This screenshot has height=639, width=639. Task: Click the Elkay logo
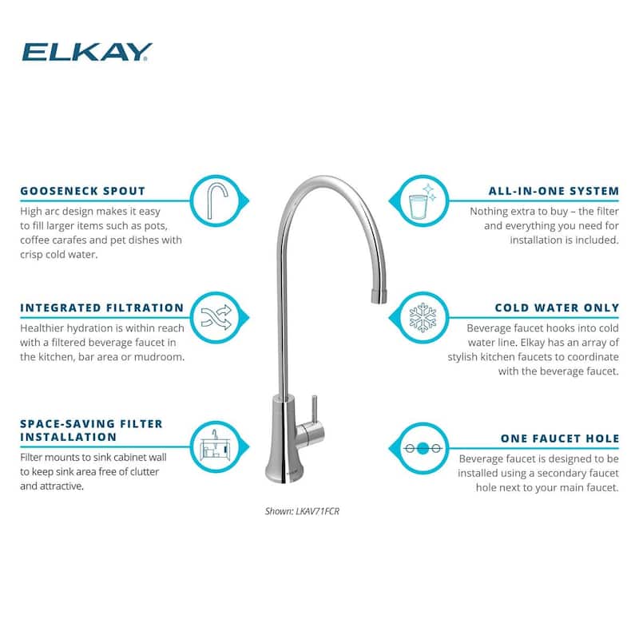click(x=87, y=52)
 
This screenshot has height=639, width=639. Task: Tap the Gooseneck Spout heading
click(x=83, y=191)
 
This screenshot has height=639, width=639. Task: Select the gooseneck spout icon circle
click(x=216, y=200)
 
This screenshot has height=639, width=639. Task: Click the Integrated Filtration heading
click(x=102, y=308)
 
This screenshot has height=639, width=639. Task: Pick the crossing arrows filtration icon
click(x=216, y=317)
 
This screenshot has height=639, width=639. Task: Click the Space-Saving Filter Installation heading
click(x=91, y=431)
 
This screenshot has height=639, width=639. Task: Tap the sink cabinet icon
click(x=216, y=447)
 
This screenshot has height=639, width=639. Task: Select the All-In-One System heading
click(x=554, y=191)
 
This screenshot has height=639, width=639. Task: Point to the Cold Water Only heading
click(x=557, y=308)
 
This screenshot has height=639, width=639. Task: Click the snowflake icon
click(x=423, y=317)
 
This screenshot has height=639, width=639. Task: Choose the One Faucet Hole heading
click(x=560, y=439)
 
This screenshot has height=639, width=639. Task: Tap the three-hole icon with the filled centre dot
click(x=423, y=449)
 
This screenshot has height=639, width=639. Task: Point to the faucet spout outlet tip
click(x=379, y=296)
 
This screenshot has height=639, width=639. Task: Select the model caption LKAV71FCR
click(x=302, y=511)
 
